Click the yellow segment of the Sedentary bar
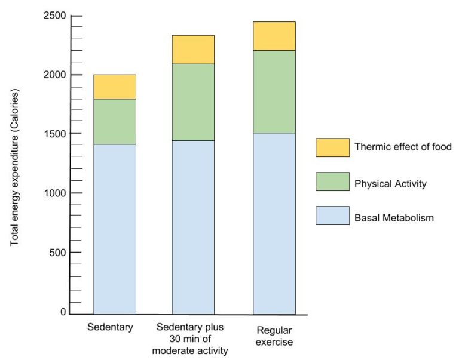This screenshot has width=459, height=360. (114, 87)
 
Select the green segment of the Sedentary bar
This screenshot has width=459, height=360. (114, 121)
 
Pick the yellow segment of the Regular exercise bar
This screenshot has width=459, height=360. (274, 36)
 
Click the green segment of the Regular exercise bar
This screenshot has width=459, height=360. (274, 91)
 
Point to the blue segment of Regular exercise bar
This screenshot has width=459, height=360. (274, 223)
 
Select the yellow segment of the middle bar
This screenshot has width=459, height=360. (193, 50)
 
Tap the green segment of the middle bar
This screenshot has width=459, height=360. (193, 102)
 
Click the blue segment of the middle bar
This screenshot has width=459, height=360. (193, 227)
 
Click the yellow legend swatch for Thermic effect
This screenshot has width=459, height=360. (332, 147)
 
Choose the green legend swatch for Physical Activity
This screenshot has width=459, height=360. (332, 181)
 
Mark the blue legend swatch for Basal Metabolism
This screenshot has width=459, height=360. (332, 216)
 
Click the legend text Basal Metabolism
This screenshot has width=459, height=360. (394, 218)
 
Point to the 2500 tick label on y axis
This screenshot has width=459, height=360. (54, 16)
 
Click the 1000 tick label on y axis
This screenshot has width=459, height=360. (54, 193)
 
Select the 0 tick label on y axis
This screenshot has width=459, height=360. (63, 312)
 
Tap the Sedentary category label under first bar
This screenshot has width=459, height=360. (109, 327)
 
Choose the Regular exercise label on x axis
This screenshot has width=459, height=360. (274, 336)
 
